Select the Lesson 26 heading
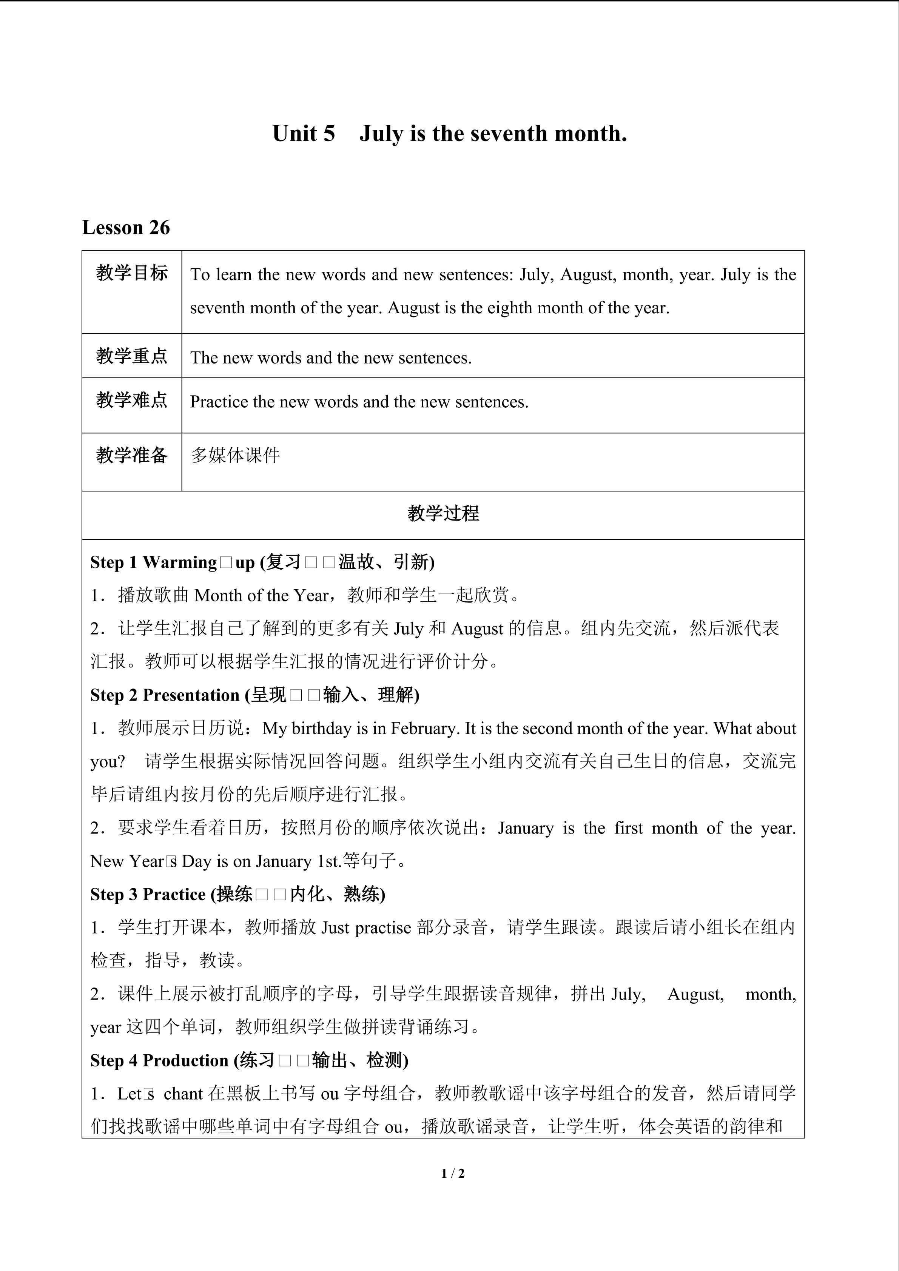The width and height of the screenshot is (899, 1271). pyautogui.click(x=126, y=228)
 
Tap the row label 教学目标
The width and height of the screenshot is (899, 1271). pyautogui.click(x=132, y=273)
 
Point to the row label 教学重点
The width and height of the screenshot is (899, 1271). pyautogui.click(x=132, y=356)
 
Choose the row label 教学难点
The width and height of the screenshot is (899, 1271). pyautogui.click(x=132, y=400)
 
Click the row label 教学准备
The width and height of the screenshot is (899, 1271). pyautogui.click(x=132, y=455)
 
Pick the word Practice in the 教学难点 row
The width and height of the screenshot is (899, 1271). pyautogui.click(x=219, y=402)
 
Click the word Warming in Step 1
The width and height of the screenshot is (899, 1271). pyautogui.click(x=180, y=562)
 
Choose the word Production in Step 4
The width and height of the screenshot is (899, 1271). pyautogui.click(x=185, y=1061)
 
